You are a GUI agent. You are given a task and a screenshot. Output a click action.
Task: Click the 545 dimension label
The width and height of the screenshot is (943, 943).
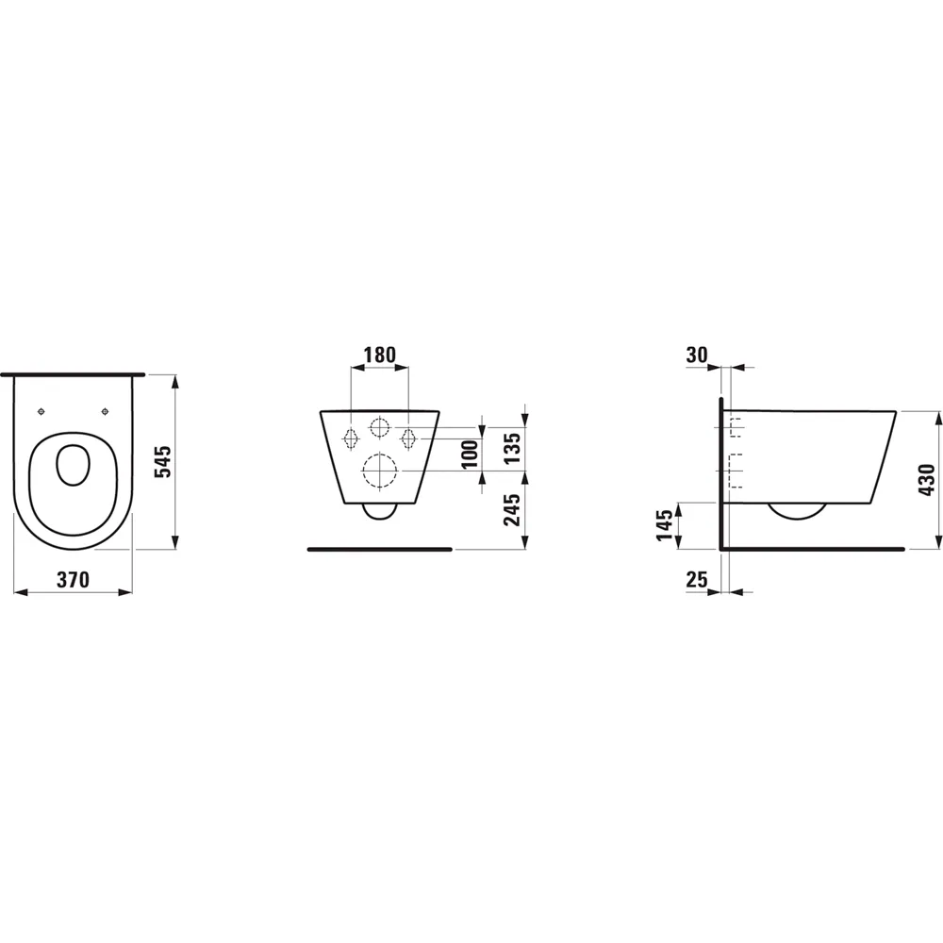161,461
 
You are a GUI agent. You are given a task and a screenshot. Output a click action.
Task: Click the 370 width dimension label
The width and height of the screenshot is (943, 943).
73,580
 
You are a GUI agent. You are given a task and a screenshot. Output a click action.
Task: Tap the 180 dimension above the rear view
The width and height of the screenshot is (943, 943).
379,355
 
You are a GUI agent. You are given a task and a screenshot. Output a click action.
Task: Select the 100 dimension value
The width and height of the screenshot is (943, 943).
471,455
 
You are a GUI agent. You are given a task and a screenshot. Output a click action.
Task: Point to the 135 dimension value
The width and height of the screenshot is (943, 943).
513,443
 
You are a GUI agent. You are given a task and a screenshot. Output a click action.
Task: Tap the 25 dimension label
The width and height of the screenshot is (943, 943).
697,580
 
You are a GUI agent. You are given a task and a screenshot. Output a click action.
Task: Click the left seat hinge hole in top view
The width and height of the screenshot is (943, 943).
42,411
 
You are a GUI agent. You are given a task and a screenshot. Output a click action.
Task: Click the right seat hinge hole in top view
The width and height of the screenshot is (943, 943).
105,411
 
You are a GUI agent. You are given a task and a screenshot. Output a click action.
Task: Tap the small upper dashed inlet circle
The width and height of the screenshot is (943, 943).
379,428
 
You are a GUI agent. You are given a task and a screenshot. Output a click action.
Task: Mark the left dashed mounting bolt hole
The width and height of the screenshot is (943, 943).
350,438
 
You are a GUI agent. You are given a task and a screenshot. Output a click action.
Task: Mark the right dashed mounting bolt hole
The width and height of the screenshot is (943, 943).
409,438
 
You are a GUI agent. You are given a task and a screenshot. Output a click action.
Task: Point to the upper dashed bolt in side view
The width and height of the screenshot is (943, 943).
735,429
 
